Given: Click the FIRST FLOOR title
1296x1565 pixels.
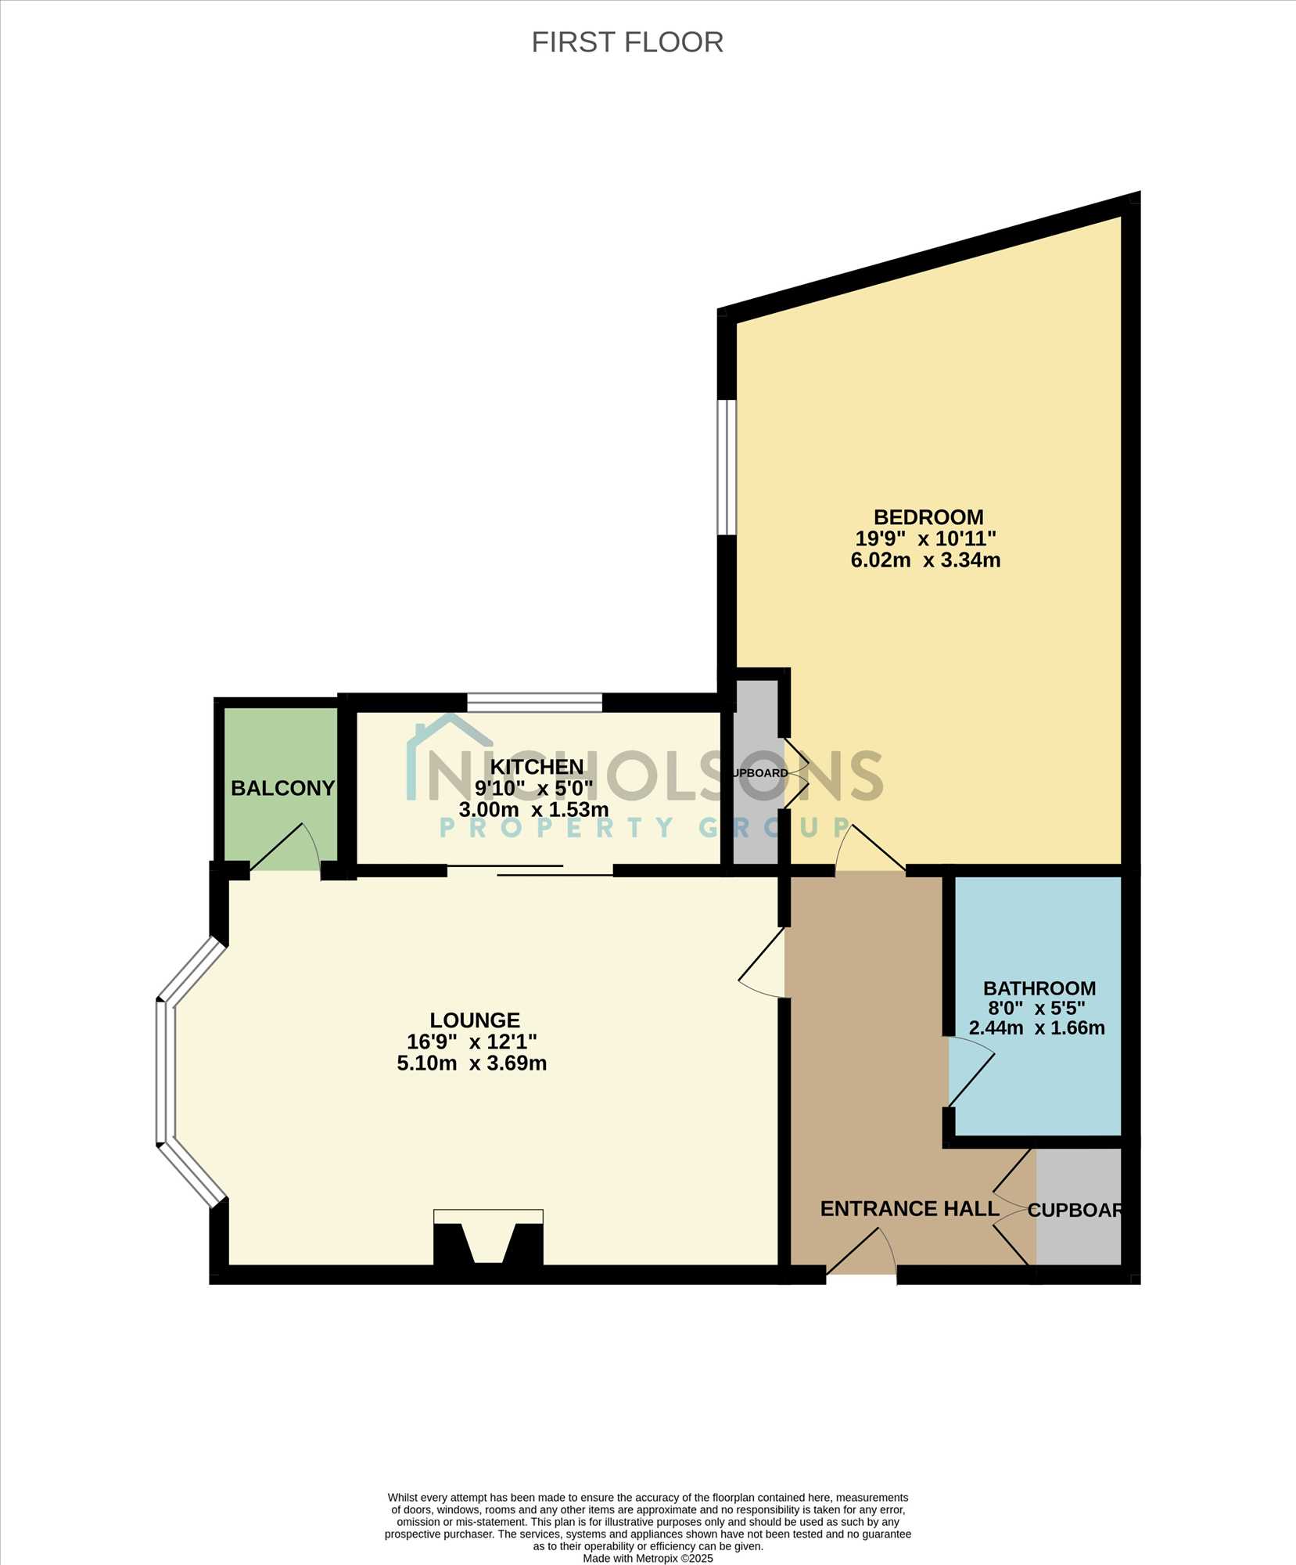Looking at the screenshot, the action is [x=627, y=42].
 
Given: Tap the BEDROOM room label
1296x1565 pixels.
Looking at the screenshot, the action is [x=928, y=517].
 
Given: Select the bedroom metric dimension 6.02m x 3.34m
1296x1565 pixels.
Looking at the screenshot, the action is [x=925, y=560].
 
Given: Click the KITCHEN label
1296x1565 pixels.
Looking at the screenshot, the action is [x=537, y=767].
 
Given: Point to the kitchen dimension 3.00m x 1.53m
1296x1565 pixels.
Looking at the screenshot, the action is [x=533, y=809].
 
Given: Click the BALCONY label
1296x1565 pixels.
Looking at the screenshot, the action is [x=282, y=788].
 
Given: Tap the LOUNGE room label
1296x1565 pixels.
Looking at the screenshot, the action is [x=475, y=1020].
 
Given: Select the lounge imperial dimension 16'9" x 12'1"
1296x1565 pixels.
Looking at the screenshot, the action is [x=472, y=1042].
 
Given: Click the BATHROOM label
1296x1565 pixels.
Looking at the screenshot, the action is [x=1039, y=988].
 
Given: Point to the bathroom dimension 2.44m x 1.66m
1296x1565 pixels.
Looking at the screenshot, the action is [x=1037, y=1028].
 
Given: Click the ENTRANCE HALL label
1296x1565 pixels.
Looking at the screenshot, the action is [x=910, y=1209].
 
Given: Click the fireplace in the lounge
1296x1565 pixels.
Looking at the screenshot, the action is [x=488, y=1237].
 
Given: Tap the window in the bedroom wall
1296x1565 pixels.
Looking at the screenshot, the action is [x=727, y=467].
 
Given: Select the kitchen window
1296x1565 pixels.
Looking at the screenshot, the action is [x=535, y=702].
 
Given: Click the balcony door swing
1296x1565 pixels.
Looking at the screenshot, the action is [x=285, y=847].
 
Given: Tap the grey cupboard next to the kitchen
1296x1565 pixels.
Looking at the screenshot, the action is [x=756, y=772].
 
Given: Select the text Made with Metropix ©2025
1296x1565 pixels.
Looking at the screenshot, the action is [x=648, y=1559].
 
